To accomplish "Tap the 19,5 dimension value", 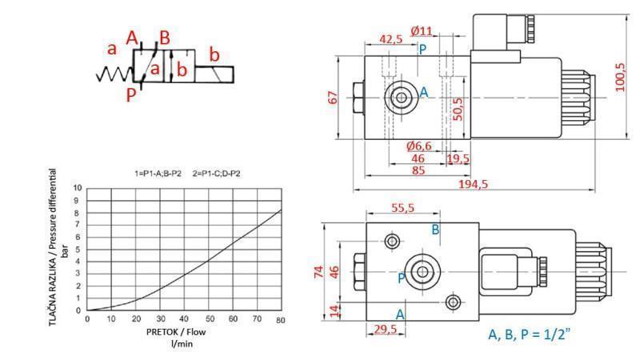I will (459, 159).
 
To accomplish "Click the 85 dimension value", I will (418, 170).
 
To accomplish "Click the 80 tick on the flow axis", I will (281, 320).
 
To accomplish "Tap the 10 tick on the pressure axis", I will (77, 188).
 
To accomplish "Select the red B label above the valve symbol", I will (164, 37).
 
